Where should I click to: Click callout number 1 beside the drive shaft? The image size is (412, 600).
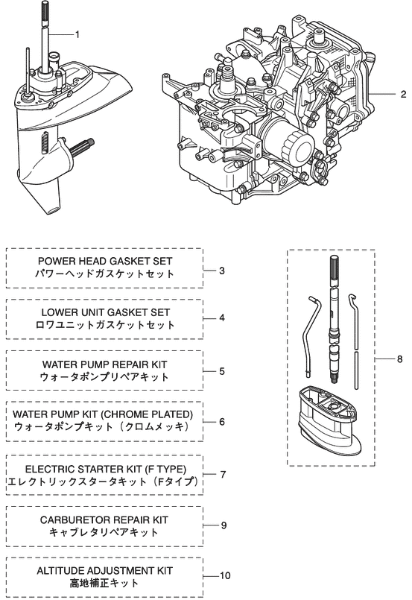(77, 35)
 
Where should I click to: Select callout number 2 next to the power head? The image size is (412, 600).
(403, 94)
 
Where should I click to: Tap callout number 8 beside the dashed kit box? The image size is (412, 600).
(400, 359)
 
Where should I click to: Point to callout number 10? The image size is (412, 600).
(225, 575)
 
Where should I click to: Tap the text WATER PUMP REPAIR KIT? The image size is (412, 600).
(104, 364)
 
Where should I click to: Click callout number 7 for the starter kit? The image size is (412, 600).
(223, 475)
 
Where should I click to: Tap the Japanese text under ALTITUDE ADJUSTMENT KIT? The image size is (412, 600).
(104, 584)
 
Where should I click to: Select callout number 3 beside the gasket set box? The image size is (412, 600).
(222, 271)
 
